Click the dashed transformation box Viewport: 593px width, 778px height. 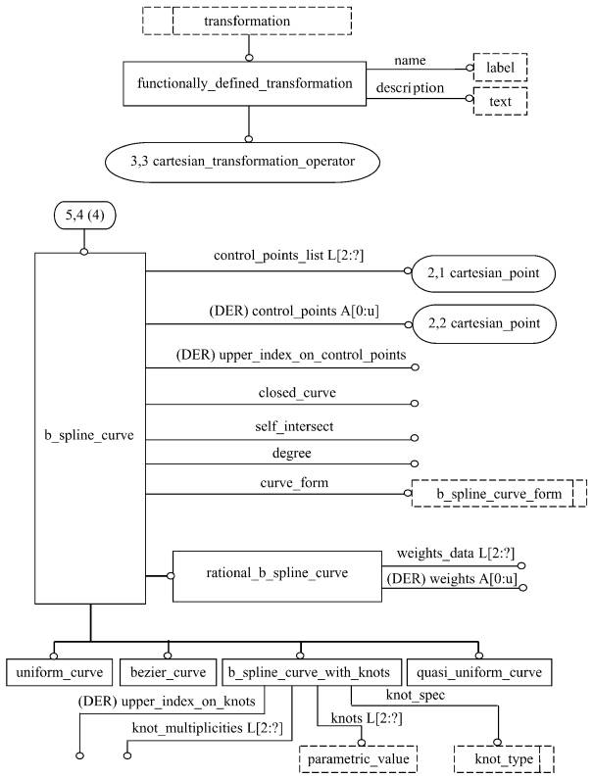(247, 20)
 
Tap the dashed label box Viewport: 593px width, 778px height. (500, 68)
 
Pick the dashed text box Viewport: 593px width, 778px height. (500, 101)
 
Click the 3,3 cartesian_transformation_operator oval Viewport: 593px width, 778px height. (250, 160)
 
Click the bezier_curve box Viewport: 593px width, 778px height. (168, 672)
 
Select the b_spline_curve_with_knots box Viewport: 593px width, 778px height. (309, 672)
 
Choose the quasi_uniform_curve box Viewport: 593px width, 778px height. (479, 672)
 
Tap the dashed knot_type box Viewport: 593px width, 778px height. (504, 758)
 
